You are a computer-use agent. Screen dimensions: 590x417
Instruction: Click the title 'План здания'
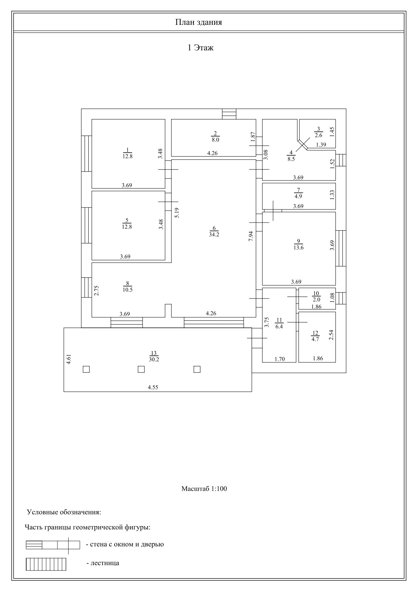point(198,23)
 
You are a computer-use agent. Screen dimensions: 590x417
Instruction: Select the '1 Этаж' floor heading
point(200,48)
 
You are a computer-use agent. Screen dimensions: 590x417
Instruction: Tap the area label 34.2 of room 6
point(214,235)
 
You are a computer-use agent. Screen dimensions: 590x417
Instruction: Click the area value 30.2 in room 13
point(154,359)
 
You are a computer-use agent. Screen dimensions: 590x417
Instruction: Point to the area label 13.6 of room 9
point(298,248)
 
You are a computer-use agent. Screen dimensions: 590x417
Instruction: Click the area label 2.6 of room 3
point(319,135)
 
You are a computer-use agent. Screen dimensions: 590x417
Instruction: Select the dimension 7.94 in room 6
point(251,236)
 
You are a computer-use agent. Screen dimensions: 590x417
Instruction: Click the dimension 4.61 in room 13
point(69,359)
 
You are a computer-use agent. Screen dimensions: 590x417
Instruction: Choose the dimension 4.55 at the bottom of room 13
point(153,387)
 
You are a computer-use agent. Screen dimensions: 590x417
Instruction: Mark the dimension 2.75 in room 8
point(96,290)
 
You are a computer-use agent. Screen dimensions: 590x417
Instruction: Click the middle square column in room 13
point(141,369)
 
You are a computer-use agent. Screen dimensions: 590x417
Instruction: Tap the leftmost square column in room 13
point(86,369)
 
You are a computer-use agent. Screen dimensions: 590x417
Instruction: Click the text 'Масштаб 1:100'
point(204,488)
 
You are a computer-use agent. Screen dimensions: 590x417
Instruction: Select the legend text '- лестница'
point(103,563)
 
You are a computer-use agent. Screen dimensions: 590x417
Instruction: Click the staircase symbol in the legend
point(46,564)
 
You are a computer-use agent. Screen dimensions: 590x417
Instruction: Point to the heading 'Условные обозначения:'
point(64,512)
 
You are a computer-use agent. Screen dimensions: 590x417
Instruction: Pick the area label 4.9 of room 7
point(298,196)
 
